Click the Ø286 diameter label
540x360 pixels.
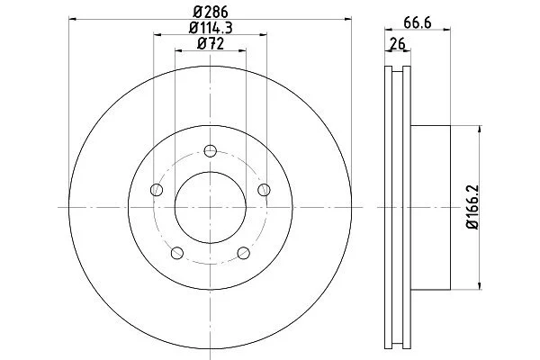click(211, 12)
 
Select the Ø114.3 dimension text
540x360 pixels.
click(211, 28)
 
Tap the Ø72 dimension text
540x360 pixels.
click(211, 44)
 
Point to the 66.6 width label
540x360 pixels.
click(418, 23)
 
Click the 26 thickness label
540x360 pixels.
click(398, 44)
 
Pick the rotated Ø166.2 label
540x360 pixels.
click(472, 207)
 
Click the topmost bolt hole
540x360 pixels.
click(210, 151)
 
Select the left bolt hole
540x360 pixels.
click(157, 190)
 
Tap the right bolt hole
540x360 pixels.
click(264, 190)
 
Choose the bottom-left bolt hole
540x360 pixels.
click(177, 253)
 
